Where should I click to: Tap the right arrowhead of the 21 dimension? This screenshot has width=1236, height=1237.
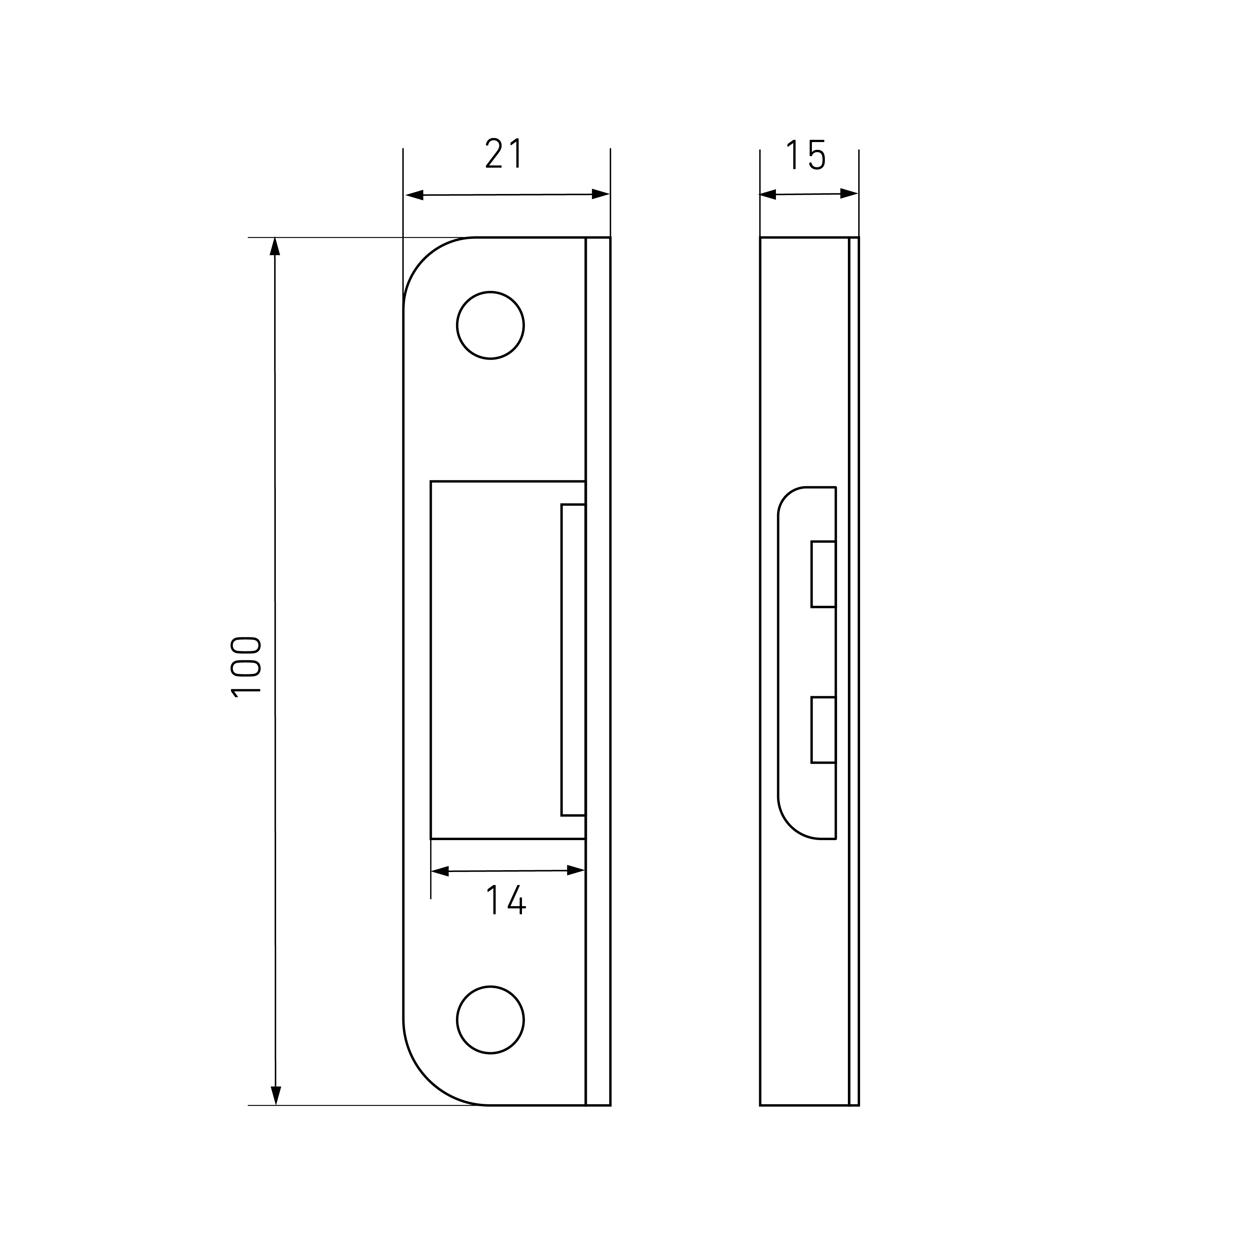pos(601,194)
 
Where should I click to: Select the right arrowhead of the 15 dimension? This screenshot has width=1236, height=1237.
pos(849,193)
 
